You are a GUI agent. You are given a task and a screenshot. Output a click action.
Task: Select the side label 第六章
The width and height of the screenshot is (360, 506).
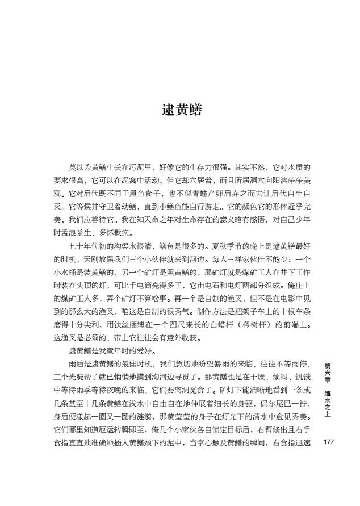tap(328, 370)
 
